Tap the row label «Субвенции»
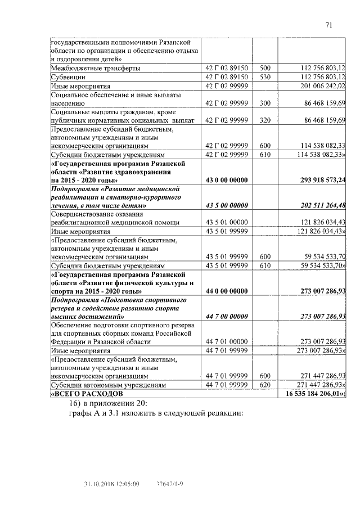(68, 77)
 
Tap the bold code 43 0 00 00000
(227, 180)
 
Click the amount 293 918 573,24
(314, 180)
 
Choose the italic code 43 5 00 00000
(227, 205)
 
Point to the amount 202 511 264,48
(314, 205)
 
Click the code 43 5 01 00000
(227, 223)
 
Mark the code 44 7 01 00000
(227, 341)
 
